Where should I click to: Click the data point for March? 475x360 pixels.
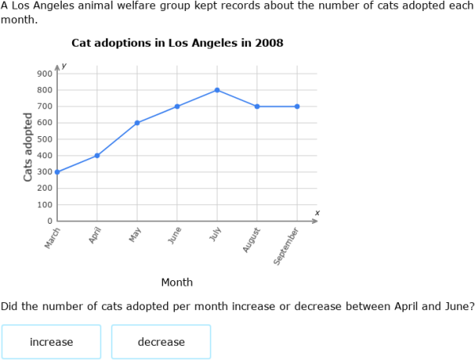pos(57,172)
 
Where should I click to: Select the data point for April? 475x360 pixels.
pos(97,155)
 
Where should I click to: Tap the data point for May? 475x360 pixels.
pos(137,123)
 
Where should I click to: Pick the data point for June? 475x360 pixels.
pos(177,106)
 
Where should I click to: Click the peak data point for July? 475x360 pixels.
pos(217,90)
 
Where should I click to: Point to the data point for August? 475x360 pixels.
pos(257,106)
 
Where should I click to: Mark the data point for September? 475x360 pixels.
pos(297,106)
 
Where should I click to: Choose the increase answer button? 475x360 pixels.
pos(51,342)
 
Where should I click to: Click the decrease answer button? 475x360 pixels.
pos(161,342)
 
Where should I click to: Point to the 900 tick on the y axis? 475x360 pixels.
pos(44,74)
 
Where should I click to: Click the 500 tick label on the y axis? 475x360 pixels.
pos(44,139)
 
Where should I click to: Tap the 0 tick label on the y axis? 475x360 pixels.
pos(49,221)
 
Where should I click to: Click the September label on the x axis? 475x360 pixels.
pos(287,245)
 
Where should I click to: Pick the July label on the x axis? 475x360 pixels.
pos(213,235)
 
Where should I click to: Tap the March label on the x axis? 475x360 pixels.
pos(52,238)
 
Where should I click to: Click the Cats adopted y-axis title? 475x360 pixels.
pos(28,147)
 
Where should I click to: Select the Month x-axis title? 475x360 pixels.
pos(177,282)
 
